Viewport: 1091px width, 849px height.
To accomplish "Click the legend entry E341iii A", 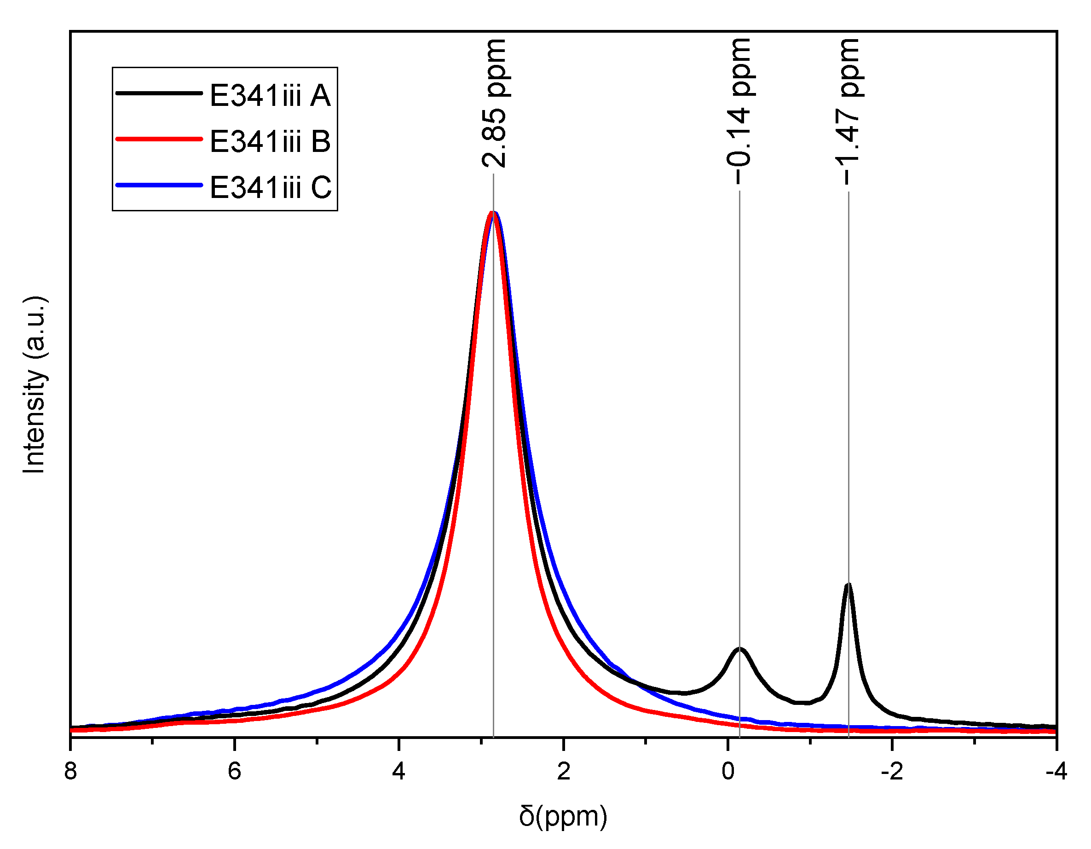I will click(270, 95).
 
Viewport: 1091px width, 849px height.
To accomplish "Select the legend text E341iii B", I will click(270, 141).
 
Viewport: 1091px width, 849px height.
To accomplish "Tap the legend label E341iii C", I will click(270, 187).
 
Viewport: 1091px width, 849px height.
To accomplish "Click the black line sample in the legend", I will click(159, 93).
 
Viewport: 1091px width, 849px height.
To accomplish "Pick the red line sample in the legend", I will click(159, 139).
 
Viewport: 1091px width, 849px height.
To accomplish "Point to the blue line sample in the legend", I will click(159, 186).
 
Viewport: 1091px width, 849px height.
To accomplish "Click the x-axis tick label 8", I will click(70, 771).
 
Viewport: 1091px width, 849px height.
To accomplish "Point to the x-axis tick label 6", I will click(234, 771).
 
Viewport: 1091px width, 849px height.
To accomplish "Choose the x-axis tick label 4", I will click(398, 771).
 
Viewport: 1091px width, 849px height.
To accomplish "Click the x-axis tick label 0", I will click(728, 771).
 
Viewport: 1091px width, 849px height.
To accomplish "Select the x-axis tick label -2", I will click(892, 771).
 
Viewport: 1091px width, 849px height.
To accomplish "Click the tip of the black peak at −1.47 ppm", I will click(848, 585).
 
